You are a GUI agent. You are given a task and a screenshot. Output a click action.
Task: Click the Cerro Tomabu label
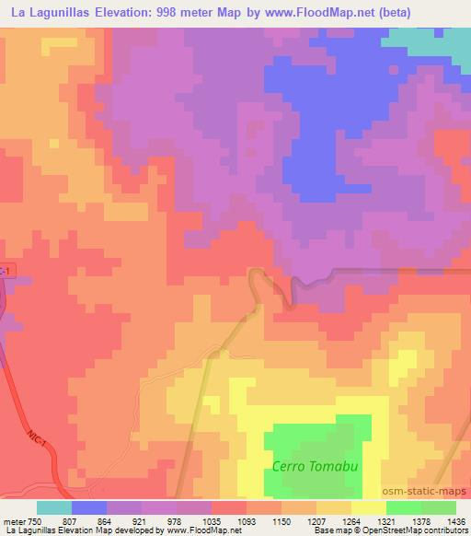pyautogui.click(x=315, y=466)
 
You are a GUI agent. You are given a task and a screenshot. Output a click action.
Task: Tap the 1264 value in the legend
pyautogui.click(x=339, y=521)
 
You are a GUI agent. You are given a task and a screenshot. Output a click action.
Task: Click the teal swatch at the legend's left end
pyautogui.click(x=54, y=507)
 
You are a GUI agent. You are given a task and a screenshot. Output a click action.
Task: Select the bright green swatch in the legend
pyautogui.click(x=403, y=507)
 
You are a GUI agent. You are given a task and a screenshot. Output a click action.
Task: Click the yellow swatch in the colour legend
pyautogui.click(x=368, y=507)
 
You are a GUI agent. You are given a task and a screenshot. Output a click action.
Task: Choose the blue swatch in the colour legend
pyautogui.click(x=89, y=507)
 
